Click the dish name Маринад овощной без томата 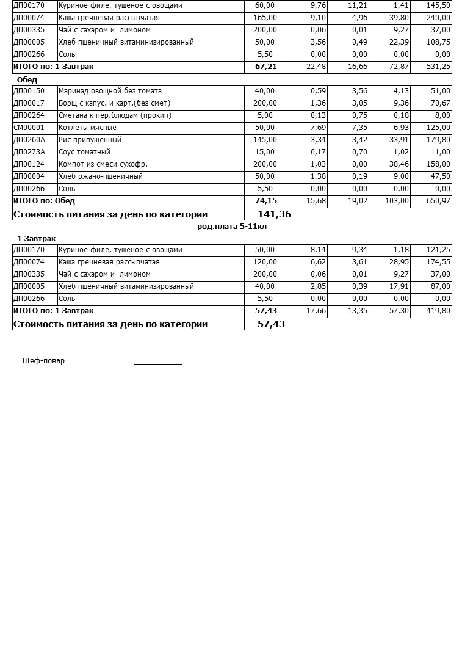pyautogui.click(x=110, y=91)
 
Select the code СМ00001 pyautogui.click(x=29, y=128)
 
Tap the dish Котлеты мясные pyautogui.click(x=87, y=128)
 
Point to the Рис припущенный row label pyautogui.click(x=90, y=140)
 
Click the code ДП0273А pyautogui.click(x=29, y=152)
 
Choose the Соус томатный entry pyautogui.click(x=84, y=152)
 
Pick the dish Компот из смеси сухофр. pyautogui.click(x=103, y=164)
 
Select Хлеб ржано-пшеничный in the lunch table pyautogui.click(x=101, y=176)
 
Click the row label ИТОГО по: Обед pyautogui.click(x=44, y=201)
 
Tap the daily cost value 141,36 pyautogui.click(x=275, y=214)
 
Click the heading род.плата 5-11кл pyautogui.click(x=232, y=227)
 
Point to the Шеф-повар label pyautogui.click(x=43, y=361)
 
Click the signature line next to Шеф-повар pyautogui.click(x=158, y=363)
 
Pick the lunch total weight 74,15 pyautogui.click(x=266, y=201)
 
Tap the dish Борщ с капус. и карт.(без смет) pyautogui.click(x=114, y=103)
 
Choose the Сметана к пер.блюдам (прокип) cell pyautogui.click(x=115, y=115)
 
